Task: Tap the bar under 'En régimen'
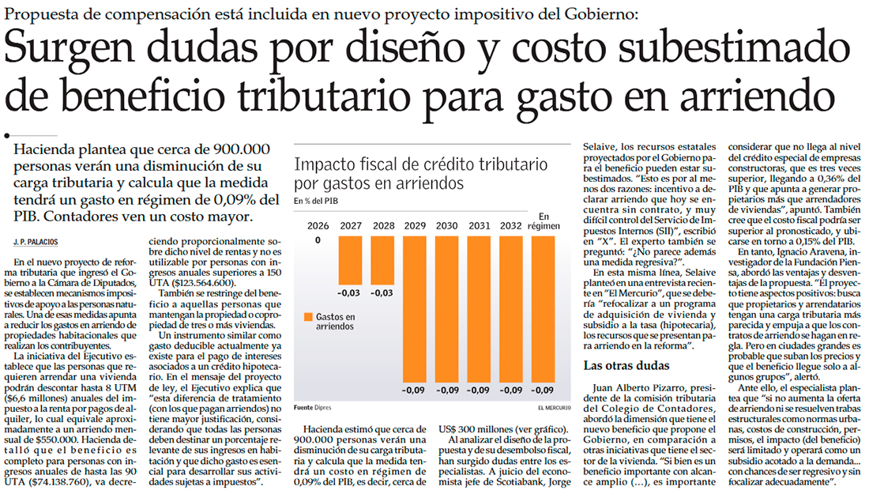[542, 308]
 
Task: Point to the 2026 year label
[318, 225]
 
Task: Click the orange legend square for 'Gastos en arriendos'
[308, 318]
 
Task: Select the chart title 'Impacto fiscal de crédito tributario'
[419, 167]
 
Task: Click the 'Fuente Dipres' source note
[314, 408]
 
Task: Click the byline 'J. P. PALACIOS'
[36, 240]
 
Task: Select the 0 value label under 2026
[318, 240]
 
